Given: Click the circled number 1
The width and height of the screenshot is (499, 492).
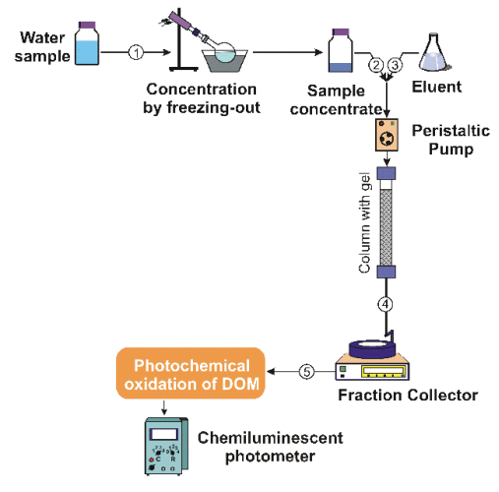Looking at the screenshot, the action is click(x=136, y=52).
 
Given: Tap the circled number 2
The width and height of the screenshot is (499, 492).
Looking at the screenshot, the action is click(x=376, y=65).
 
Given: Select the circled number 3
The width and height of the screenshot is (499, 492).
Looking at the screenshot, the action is click(x=395, y=65).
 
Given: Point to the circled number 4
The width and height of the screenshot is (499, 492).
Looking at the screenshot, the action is click(x=386, y=304).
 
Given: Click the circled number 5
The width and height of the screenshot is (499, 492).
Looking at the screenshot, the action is click(x=307, y=372).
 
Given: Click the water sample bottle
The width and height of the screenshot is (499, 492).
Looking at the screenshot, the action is click(x=87, y=43).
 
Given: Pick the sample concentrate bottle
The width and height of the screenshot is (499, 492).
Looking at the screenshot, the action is click(x=341, y=50).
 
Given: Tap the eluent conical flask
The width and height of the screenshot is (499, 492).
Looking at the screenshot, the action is click(x=434, y=52).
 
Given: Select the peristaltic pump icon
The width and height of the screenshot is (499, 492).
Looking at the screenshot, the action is click(x=387, y=135).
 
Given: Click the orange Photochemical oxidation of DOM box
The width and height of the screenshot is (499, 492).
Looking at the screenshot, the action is click(x=191, y=373).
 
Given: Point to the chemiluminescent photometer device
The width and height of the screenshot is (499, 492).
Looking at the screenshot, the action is click(x=166, y=446).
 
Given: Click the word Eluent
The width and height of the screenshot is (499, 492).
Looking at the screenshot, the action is click(x=437, y=87).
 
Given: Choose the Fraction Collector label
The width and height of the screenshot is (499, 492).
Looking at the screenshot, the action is click(x=407, y=396).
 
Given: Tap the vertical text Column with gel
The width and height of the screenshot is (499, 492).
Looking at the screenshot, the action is click(x=365, y=222).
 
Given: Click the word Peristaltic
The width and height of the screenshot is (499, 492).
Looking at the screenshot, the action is click(x=451, y=131).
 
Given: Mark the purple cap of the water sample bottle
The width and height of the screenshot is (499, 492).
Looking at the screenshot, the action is click(x=87, y=26).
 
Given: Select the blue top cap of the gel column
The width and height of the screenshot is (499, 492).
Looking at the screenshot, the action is click(x=386, y=173).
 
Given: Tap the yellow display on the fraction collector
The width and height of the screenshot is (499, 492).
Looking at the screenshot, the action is click(x=383, y=371).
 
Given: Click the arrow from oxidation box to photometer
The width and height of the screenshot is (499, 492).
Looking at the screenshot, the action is click(x=164, y=406).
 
